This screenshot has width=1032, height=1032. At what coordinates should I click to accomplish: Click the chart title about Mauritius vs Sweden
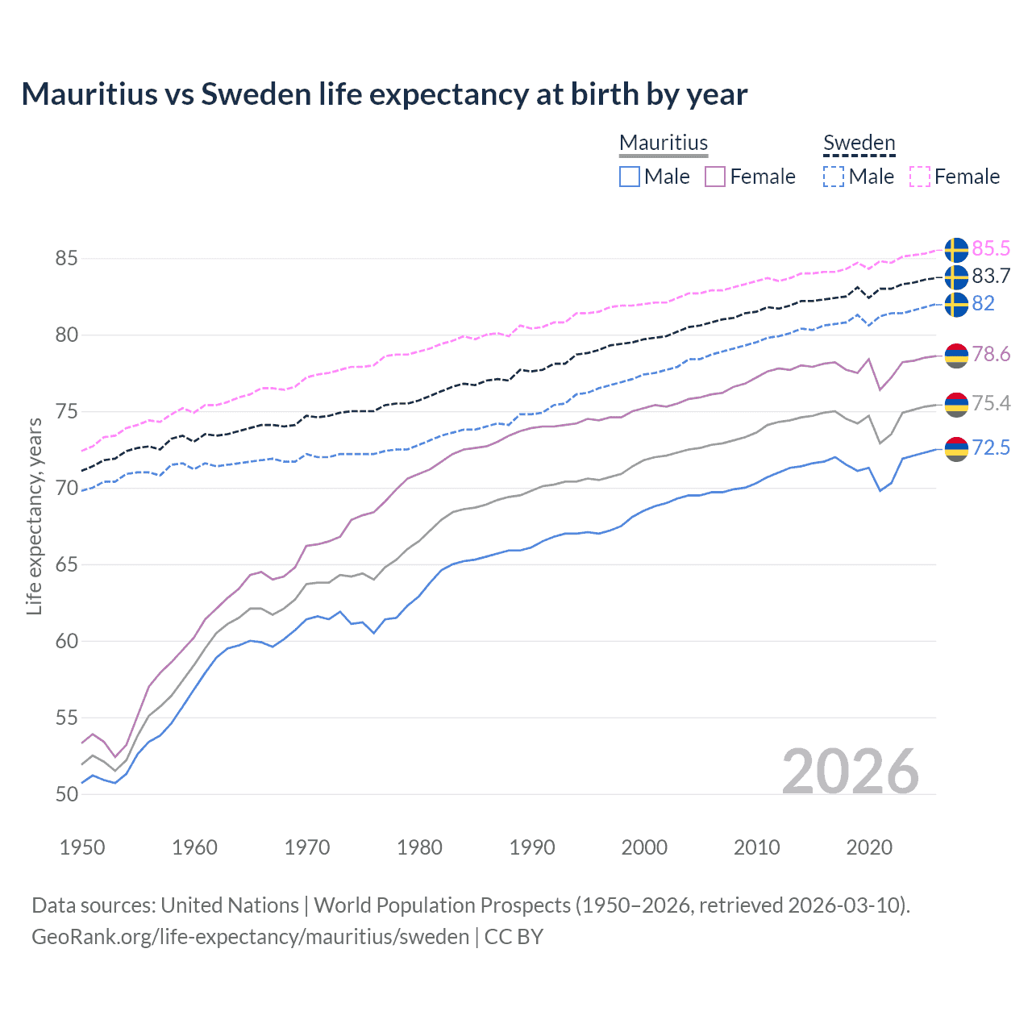pyautogui.click(x=384, y=94)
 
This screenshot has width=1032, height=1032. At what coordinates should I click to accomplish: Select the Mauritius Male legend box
pyautogui.click(x=630, y=177)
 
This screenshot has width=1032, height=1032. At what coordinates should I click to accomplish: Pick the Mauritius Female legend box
pyautogui.click(x=715, y=177)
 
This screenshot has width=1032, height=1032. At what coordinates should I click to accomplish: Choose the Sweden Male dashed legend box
pyautogui.click(x=834, y=177)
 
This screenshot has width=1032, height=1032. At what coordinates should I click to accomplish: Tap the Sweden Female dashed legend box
pyautogui.click(x=920, y=177)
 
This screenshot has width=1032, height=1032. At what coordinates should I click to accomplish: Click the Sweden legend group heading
pyautogui.click(x=859, y=143)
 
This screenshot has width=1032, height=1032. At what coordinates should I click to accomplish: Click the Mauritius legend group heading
pyautogui.click(x=664, y=143)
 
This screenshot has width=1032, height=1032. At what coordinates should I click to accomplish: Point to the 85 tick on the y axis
pyautogui.click(x=66, y=259)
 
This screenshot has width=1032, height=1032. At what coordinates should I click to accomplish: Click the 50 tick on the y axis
pyautogui.click(x=66, y=794)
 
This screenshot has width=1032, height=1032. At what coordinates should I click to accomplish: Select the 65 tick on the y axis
pyautogui.click(x=66, y=564)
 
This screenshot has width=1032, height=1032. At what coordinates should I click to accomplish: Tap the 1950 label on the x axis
pyautogui.click(x=82, y=847)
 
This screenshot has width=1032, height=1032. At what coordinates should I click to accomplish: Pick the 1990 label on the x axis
pyautogui.click(x=532, y=847)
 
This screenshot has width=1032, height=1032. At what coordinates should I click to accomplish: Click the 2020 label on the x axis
pyautogui.click(x=869, y=847)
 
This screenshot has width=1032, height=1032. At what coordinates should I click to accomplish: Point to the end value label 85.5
pyautogui.click(x=991, y=249)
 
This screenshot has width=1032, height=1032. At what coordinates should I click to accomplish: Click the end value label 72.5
pyautogui.click(x=991, y=448)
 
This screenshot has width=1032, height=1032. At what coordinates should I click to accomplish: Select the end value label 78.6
pyautogui.click(x=991, y=355)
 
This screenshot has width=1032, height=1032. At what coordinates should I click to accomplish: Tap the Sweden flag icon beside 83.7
pyautogui.click(x=956, y=277)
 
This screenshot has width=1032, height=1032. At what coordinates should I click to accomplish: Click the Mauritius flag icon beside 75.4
pyautogui.click(x=956, y=404)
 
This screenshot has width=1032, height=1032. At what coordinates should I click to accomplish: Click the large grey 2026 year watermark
pyautogui.click(x=851, y=772)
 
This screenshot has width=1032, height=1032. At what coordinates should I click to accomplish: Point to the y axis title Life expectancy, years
pyautogui.click(x=34, y=516)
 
